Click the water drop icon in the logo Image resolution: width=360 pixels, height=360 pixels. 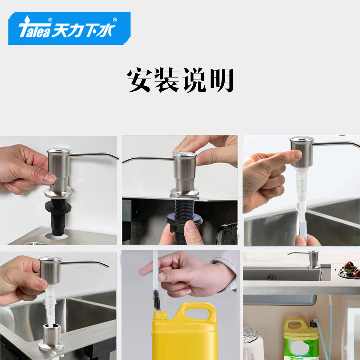(27, 19)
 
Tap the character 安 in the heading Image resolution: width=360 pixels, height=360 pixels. (140, 80)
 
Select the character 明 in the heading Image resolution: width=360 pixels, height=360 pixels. (222, 80)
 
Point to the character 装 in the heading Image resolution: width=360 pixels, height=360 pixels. (167, 80)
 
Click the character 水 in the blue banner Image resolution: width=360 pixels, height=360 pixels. (105, 31)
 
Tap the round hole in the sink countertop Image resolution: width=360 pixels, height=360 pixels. (56, 236)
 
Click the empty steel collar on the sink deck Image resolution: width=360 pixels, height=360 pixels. (52, 337)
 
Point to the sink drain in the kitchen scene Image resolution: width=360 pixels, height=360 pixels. (271, 277)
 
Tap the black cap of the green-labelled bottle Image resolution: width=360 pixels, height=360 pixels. (313, 323)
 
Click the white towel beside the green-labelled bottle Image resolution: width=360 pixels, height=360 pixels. (253, 347)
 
